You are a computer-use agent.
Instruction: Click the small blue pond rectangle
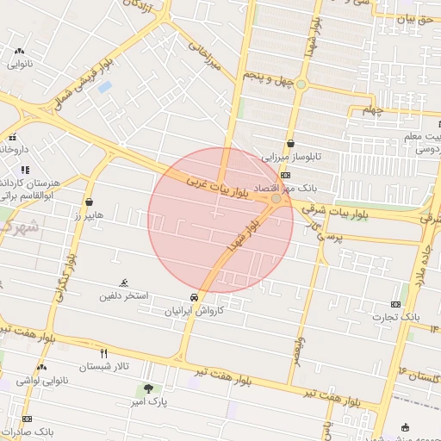[x=105, y=87]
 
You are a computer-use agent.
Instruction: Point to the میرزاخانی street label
[x=206, y=54]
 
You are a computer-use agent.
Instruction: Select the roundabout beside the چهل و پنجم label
[x=301, y=84]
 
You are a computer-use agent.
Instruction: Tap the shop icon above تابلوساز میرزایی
[x=291, y=144]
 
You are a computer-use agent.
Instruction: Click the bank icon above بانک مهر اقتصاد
[x=286, y=175]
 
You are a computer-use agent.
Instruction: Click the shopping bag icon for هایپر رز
[x=90, y=202]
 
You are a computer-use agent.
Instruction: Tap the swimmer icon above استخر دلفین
[x=125, y=283]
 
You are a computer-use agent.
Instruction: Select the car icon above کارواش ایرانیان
[x=196, y=297]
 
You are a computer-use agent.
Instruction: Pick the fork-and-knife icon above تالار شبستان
[x=104, y=353]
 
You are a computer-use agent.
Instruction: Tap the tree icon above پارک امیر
[x=148, y=388]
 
